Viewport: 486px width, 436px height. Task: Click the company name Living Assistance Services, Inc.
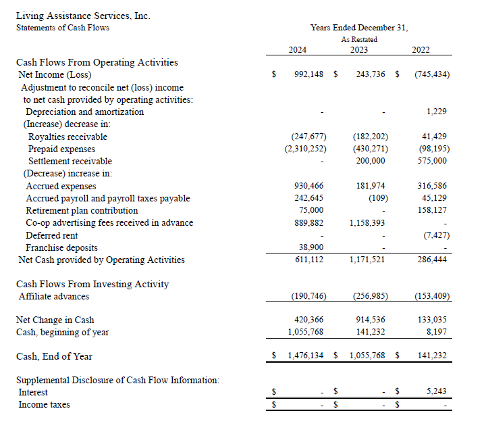[x=82, y=16]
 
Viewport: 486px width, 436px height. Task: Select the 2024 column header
[x=297, y=50]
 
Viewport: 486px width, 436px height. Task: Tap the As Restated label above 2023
[x=359, y=39]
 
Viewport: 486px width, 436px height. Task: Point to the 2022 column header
[x=420, y=50]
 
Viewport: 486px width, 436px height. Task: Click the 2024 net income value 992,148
[x=310, y=74]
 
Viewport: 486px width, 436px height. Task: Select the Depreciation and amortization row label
[x=84, y=112]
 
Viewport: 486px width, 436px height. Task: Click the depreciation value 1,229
[x=437, y=112]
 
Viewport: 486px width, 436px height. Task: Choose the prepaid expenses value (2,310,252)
[x=306, y=149]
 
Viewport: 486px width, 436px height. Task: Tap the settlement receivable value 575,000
[x=432, y=161]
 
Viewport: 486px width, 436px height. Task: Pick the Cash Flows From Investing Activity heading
[x=92, y=284]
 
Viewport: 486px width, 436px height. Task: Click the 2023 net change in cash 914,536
[x=371, y=320]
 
